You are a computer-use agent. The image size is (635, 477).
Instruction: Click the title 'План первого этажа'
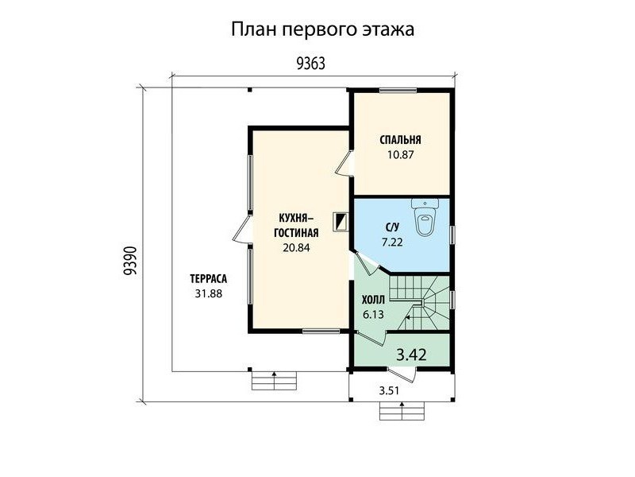pos(322,30)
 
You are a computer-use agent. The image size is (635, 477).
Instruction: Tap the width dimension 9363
pos(310,64)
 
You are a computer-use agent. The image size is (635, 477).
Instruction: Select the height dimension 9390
pos(129,261)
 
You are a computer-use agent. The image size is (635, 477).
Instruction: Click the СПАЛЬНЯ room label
pos(400,140)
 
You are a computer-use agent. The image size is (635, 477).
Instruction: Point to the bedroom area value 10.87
pos(400,154)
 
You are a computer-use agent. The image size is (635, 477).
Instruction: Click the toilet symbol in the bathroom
pos(425,216)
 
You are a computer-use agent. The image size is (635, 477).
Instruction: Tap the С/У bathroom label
pos(392,227)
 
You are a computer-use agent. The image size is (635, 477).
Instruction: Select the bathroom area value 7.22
pos(392,242)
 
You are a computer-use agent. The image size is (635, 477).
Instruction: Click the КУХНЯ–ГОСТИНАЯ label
pos(296,225)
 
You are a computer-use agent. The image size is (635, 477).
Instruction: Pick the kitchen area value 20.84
pos(296,247)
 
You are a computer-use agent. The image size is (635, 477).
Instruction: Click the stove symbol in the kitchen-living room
pos(341,222)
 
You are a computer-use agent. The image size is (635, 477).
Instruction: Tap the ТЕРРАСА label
pos(209,279)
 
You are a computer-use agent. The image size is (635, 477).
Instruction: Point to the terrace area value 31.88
pos(209,293)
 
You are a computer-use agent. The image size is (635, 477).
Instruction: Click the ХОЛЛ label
pos(373,301)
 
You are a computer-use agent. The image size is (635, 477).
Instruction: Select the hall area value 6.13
pos(373,315)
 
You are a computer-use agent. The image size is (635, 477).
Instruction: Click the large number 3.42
pos(411,355)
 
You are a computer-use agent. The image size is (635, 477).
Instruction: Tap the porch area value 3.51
pos(389,390)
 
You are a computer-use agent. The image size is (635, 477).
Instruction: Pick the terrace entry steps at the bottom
pos(274,381)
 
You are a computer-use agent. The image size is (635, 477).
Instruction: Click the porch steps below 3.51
pos(402,411)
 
